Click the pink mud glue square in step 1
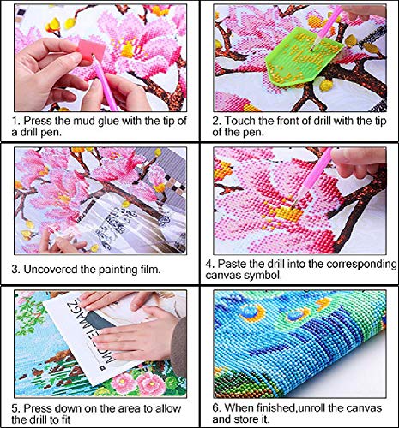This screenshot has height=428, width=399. pos(92,49)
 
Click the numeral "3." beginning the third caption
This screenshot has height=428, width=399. pos(16,270)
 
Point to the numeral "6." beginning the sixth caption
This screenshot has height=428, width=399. pos(216,408)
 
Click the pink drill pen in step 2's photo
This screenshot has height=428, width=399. pos(328,27)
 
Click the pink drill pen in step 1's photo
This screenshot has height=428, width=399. pos(105,83)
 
